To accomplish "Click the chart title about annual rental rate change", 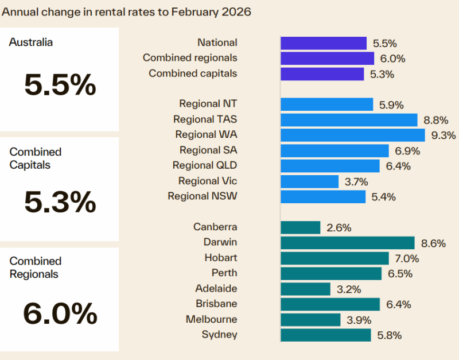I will coord(126,12).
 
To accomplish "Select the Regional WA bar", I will coord(352,135).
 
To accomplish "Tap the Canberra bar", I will coord(300,227).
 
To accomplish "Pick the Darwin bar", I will coord(347,243).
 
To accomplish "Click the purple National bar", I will coord(323,43).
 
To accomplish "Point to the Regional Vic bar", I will coord(309,181).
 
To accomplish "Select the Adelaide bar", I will coord(305,289).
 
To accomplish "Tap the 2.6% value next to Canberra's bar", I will coord(339,228).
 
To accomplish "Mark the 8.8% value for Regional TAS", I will coord(434,120).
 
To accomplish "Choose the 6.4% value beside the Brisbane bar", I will coord(397,304).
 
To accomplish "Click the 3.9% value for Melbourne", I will coord(359,320).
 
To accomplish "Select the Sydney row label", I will coord(219,335).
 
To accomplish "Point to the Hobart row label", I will coord(220,258).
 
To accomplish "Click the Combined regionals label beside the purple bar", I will coord(190,58).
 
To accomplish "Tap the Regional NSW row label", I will coord(202,196).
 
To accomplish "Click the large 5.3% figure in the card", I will coord(60,202).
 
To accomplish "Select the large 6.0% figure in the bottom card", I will coord(60,313).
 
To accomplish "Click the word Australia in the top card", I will coord(30,42).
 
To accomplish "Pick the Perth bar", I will coord(330,273).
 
